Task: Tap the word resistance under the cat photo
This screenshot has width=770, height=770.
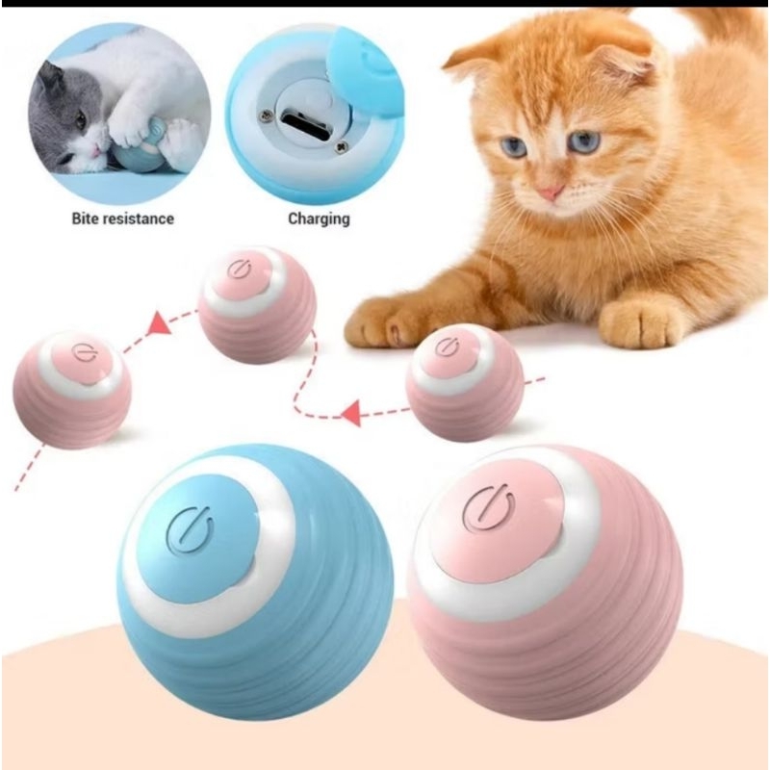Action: tap(139, 218)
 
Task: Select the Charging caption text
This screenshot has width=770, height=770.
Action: tap(319, 218)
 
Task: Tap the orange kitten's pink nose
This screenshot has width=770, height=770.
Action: tap(551, 192)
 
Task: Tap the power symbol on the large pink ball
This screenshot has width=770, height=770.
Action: tap(488, 506)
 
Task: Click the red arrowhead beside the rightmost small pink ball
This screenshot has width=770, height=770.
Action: tap(352, 414)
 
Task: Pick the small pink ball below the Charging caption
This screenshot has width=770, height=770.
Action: tap(256, 304)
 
